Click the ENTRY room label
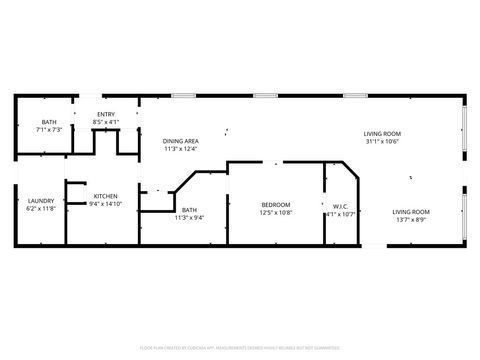[106, 115]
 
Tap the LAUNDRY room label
[41, 201]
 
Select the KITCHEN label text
[106, 196]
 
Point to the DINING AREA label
[181, 141]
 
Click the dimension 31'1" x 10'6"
[383, 141]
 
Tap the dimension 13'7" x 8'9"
[410, 219]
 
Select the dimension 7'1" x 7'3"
[49, 129]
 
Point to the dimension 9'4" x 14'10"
[106, 204]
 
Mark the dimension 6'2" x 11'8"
[41, 209]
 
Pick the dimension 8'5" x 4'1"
[106, 122]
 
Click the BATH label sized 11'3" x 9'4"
[189, 210]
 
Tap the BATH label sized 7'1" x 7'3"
[49, 122]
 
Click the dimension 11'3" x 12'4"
[181, 149]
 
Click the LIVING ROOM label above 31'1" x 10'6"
[383, 133]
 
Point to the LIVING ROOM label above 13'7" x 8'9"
[410, 211]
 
